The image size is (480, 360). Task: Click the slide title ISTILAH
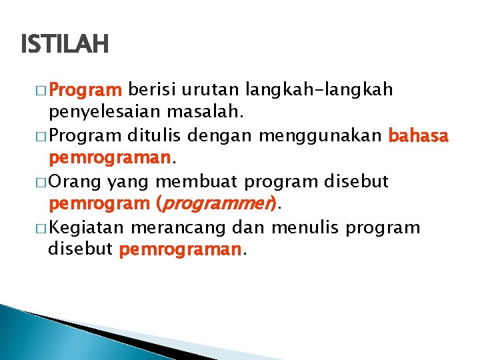click(x=64, y=45)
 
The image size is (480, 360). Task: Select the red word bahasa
click(x=418, y=136)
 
